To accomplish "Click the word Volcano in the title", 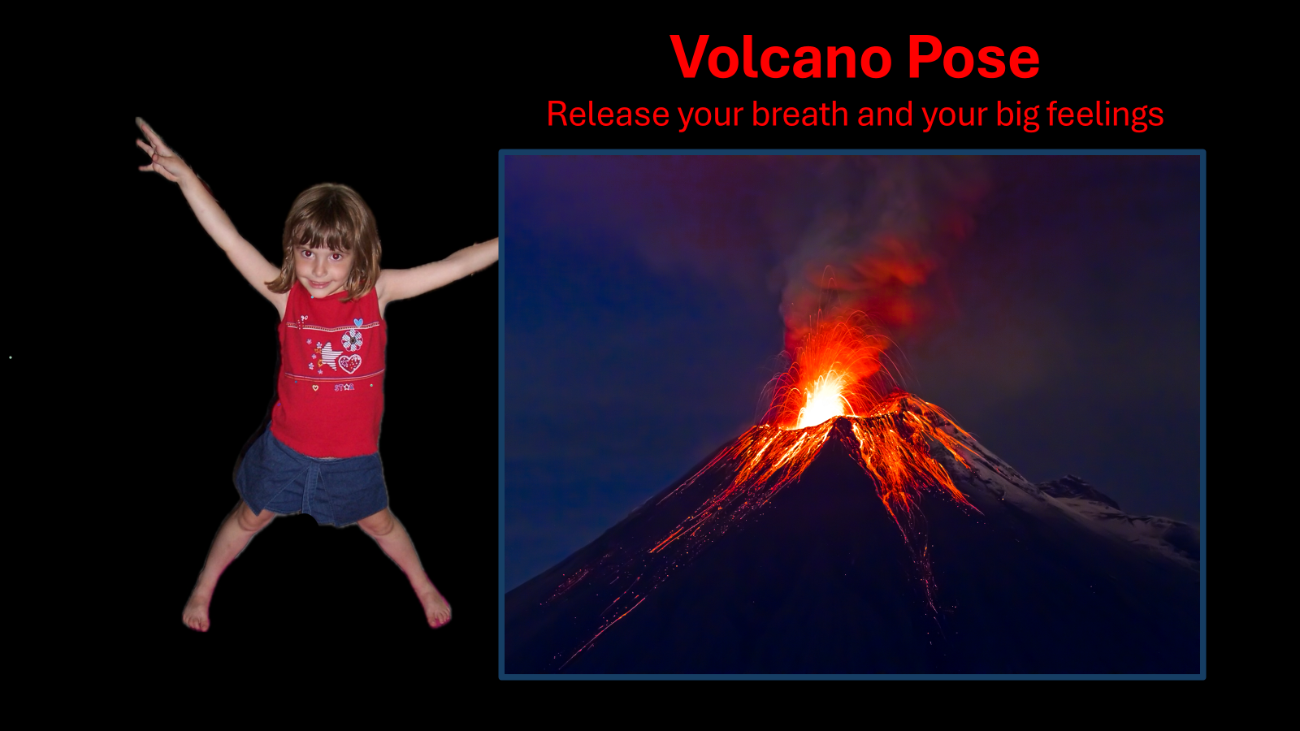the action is click(781, 58).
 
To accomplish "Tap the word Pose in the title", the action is click(973, 58).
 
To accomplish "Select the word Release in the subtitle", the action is click(608, 115).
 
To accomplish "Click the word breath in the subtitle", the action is click(799, 115).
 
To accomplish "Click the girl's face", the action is click(321, 265).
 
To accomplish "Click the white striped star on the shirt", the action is click(330, 355).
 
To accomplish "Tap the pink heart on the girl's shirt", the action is click(350, 364).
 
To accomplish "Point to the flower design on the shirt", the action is click(352, 340).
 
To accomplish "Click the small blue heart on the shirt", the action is click(358, 322).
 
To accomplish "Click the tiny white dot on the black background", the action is click(11, 357).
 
